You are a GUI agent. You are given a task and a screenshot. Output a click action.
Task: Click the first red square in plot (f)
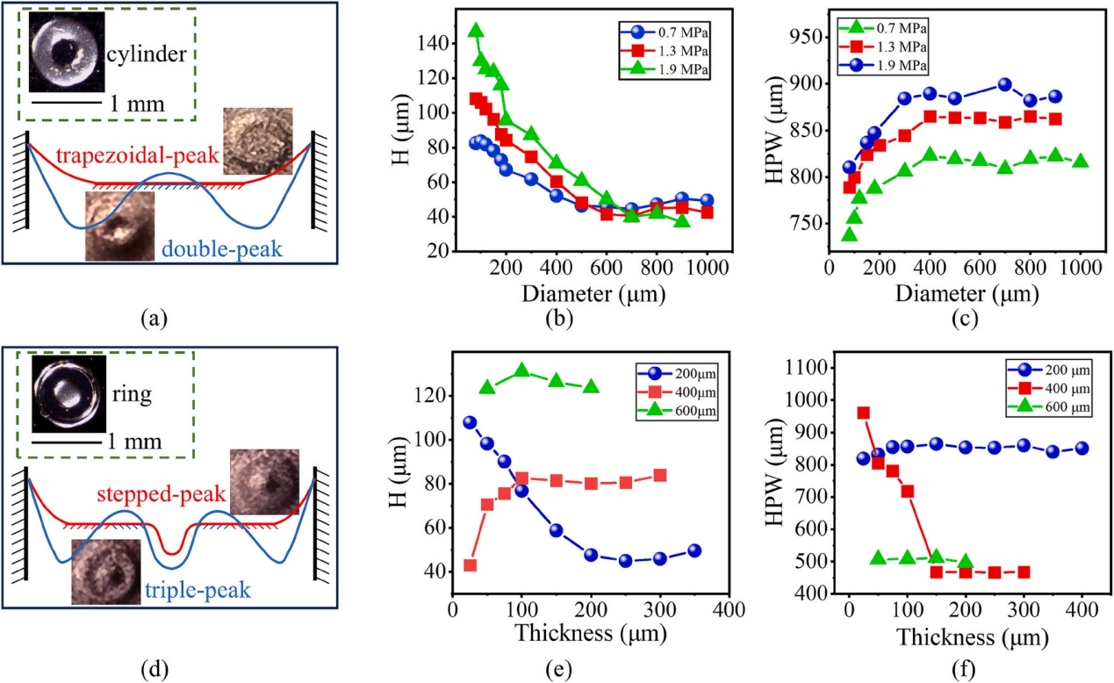pyautogui.click(x=863, y=413)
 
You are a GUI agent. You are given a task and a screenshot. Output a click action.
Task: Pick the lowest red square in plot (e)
pyautogui.click(x=470, y=565)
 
